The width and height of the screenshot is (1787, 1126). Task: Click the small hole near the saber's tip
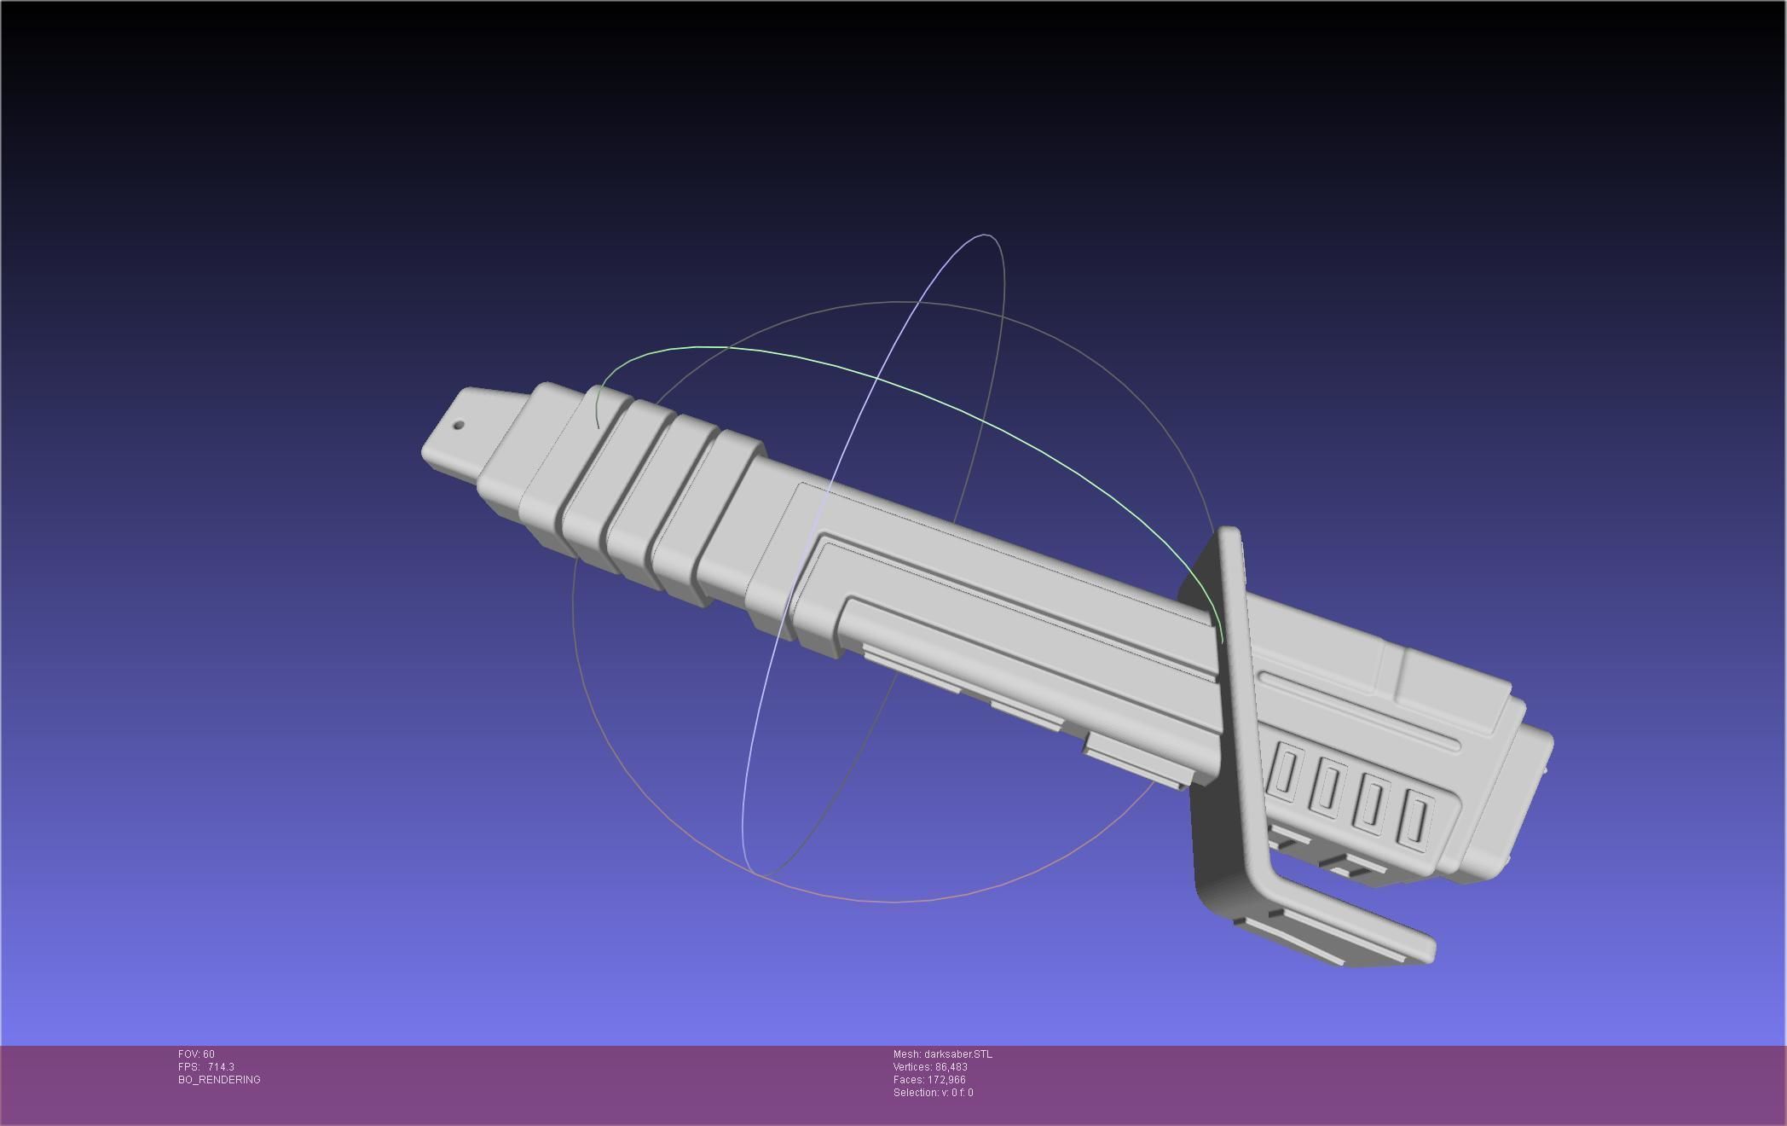point(459,425)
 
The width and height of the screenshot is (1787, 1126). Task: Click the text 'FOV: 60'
point(196,1054)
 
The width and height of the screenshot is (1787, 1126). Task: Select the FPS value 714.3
point(220,1067)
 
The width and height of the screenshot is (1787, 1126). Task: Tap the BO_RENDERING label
point(219,1080)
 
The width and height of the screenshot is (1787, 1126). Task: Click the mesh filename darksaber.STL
point(957,1054)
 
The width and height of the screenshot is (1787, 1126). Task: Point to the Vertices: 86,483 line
point(929,1067)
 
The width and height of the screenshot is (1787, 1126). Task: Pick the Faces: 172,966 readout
point(928,1080)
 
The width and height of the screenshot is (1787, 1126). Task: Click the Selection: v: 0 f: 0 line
point(933,1093)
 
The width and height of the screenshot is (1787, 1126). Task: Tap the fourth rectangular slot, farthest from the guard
point(1416,817)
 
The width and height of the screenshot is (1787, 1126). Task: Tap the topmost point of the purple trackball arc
point(986,234)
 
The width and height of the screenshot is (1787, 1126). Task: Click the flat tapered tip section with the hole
point(465,431)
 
